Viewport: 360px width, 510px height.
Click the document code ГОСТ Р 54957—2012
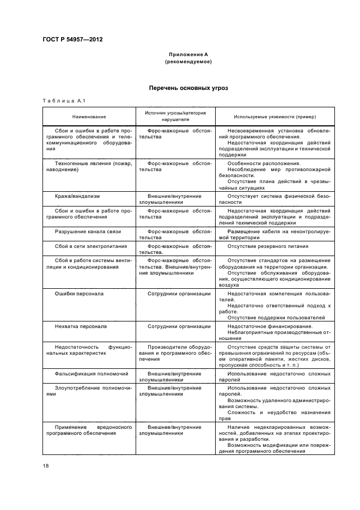(x=72, y=39)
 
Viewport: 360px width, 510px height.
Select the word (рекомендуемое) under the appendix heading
(x=188, y=62)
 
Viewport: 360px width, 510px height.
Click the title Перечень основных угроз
(x=188, y=88)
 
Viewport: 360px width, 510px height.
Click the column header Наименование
(x=89, y=117)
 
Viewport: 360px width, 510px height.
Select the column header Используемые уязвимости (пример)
(x=275, y=117)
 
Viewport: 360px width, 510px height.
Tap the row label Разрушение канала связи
(x=88, y=232)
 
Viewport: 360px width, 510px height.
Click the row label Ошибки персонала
(x=79, y=294)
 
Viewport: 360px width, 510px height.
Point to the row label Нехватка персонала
(x=81, y=326)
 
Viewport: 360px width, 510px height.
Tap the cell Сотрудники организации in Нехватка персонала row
(x=179, y=326)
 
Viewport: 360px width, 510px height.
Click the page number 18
(x=46, y=465)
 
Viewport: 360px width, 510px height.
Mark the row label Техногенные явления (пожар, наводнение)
(x=89, y=166)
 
